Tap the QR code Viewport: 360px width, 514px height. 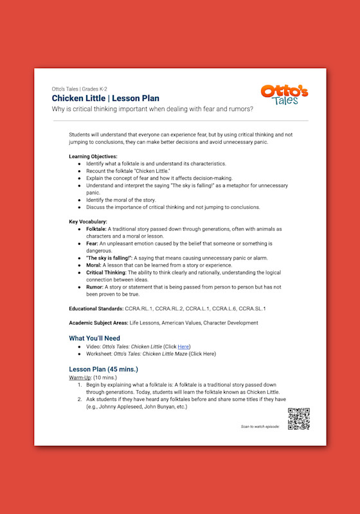(298, 419)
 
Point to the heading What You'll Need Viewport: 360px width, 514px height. (94, 337)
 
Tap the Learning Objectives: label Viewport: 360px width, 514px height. (93, 156)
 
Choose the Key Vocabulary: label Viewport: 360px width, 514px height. (88, 222)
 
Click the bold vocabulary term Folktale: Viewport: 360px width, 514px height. (96, 229)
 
